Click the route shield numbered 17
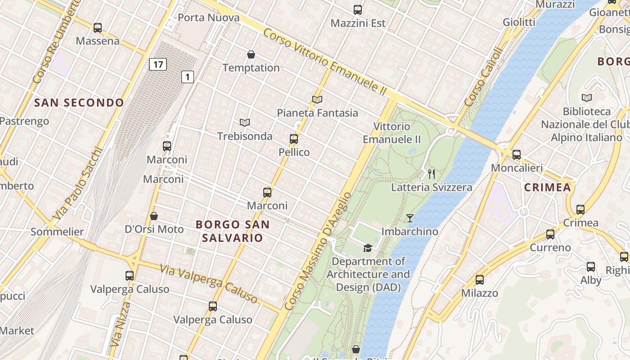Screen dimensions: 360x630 pos(158,64)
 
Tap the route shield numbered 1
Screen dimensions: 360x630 pos(188,77)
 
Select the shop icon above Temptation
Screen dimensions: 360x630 pos(251,55)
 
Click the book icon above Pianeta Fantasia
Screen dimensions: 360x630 pos(317,99)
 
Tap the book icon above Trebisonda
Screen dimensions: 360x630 pos(245,122)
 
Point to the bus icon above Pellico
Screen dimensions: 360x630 pos(294,139)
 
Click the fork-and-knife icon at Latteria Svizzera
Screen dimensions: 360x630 pos(432,174)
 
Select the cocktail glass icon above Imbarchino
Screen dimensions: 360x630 pos(409,218)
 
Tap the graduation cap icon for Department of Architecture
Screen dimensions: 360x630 pos(368,248)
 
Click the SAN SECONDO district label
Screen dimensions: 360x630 pos(79,103)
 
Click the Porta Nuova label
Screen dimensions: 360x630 pos(208,18)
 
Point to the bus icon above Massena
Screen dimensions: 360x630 pos(98,28)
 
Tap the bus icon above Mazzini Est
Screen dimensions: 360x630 pos(358,10)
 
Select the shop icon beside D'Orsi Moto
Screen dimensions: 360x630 pos(154,216)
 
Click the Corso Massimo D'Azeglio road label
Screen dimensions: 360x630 pos(318,251)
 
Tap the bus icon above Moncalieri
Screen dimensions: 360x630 pos(517,155)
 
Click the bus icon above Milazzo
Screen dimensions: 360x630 pos(480,280)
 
